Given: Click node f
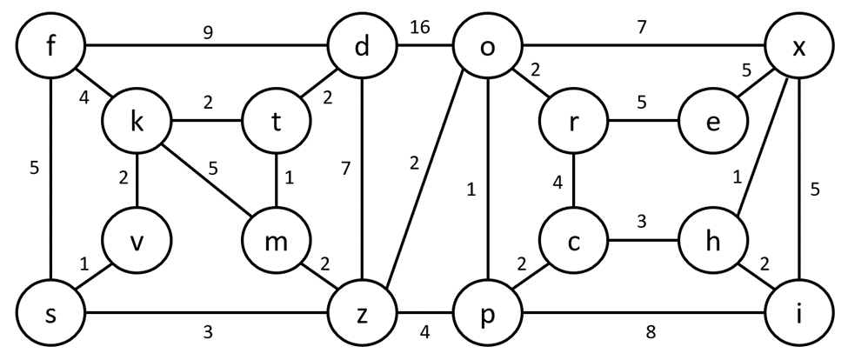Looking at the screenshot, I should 50,44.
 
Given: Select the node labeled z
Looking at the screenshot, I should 361,315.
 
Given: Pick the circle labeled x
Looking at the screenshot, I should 798,47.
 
